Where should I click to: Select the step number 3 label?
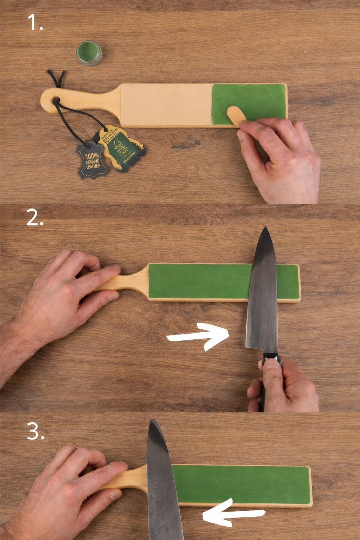(36, 431)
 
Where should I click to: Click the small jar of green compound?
(89, 53)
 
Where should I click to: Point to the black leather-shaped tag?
(92, 160)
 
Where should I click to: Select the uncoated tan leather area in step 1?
(165, 104)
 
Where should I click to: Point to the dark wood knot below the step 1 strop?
(185, 143)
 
